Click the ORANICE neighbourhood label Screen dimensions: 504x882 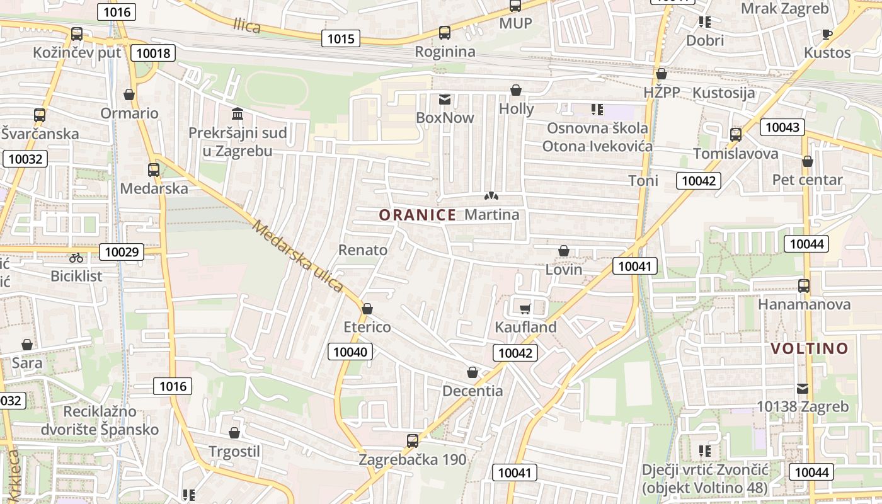(x=417, y=215)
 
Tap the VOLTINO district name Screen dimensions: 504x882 (x=810, y=348)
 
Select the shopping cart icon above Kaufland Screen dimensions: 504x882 (x=525, y=309)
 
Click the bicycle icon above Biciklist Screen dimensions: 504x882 (x=76, y=258)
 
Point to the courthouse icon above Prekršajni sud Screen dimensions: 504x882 (x=238, y=114)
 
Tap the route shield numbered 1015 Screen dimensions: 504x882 (x=341, y=38)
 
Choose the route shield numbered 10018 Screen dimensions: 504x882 (x=153, y=53)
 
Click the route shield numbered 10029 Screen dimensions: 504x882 (x=122, y=252)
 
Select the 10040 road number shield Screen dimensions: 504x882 (x=350, y=352)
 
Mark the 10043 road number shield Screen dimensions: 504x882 (x=782, y=127)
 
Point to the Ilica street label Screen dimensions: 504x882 (x=247, y=26)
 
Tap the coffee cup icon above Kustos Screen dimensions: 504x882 (x=827, y=34)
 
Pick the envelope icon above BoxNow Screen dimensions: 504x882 (x=445, y=100)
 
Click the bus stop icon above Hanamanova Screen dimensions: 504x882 (x=804, y=285)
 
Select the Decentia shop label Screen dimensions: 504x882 (x=472, y=391)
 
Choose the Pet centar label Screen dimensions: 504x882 (x=807, y=180)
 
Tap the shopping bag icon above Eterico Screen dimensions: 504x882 (x=367, y=309)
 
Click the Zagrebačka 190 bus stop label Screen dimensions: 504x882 (x=413, y=460)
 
